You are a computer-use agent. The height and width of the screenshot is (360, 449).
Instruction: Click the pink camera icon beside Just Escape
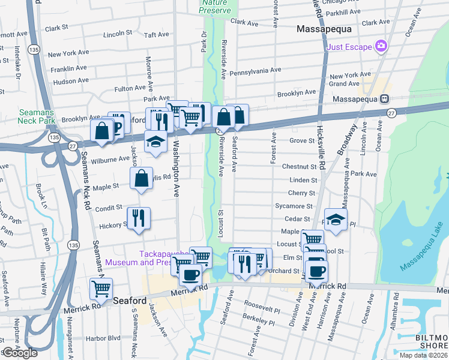pos(380,46)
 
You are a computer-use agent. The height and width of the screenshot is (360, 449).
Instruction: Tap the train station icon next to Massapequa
pos(382,98)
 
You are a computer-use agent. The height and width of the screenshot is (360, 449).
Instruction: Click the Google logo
pos(20,353)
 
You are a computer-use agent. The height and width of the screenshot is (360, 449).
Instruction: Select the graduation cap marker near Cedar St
pos(336,219)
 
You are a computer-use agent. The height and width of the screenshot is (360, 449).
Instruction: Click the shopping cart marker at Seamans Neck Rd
pos(101,289)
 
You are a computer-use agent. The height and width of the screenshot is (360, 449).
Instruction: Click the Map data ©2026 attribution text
pos(423,355)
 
